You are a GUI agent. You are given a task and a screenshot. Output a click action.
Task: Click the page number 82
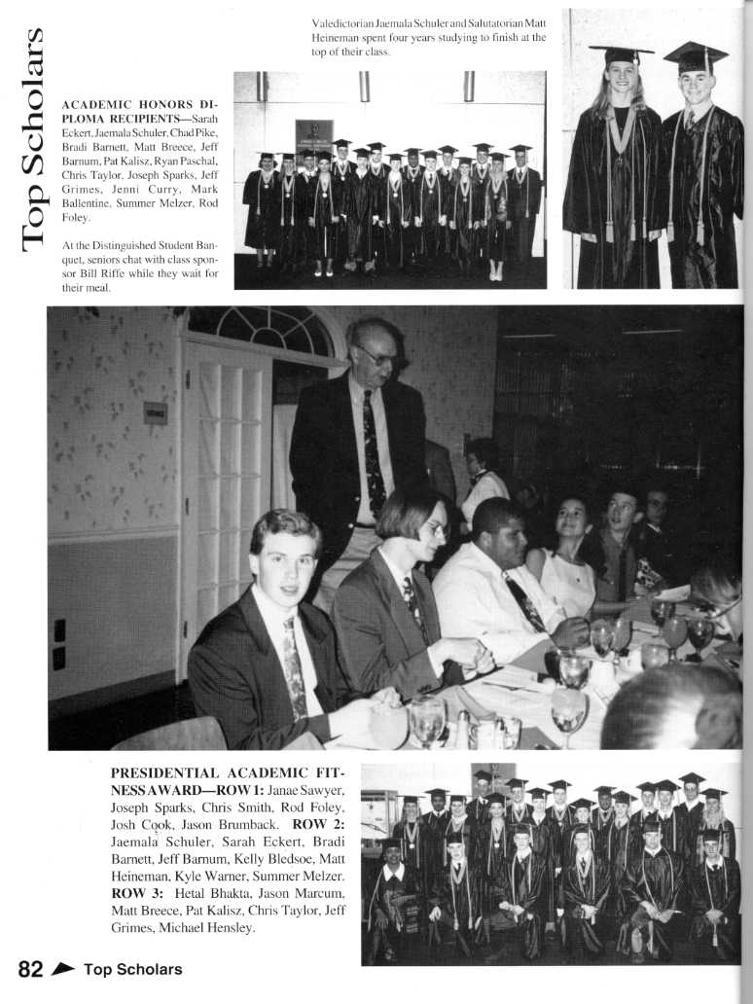click(x=31, y=968)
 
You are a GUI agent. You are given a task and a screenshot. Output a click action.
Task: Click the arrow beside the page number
click(x=64, y=969)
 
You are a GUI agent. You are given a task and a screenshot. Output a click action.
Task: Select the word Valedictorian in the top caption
click(x=336, y=22)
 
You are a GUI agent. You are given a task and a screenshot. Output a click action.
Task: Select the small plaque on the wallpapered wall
click(x=156, y=412)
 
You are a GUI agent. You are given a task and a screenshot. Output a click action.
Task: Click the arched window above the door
click(x=261, y=331)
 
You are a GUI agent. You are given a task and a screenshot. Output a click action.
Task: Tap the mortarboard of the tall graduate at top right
click(x=696, y=55)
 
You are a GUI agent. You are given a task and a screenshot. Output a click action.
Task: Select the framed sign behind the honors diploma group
click(x=314, y=136)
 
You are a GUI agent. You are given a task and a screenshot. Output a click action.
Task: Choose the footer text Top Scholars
click(x=132, y=969)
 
